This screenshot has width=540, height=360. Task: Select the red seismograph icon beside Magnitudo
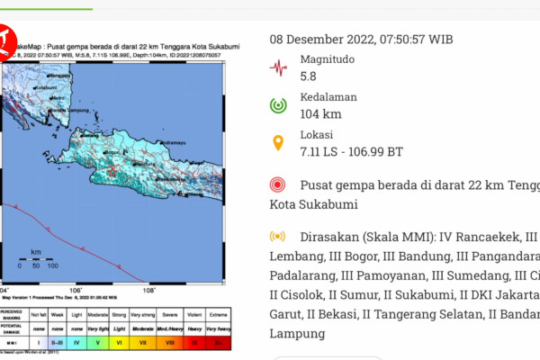tap(279, 67)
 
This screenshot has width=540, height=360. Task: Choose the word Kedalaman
tap(328, 96)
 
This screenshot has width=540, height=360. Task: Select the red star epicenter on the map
tap(111, 170)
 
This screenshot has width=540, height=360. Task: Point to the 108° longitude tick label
tap(149, 290)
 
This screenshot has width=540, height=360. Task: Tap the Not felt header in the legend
tap(39, 316)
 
